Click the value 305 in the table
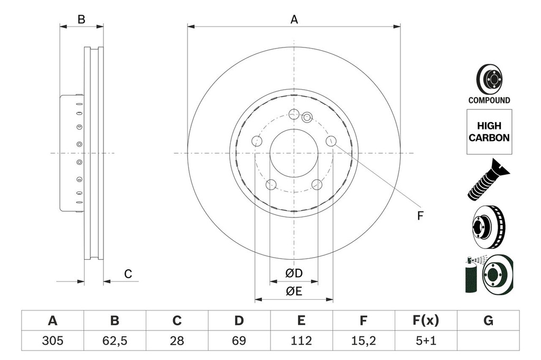tap(52, 340)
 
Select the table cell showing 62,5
tap(115, 340)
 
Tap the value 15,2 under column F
tap(363, 340)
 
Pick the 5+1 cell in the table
tap(425, 340)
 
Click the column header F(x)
tap(425, 320)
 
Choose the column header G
tap(488, 320)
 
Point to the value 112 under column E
tap(301, 340)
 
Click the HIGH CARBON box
tap(489, 132)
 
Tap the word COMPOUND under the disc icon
tap(489, 100)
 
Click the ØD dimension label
tap(294, 273)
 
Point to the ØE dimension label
tap(294, 291)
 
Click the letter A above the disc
tap(294, 20)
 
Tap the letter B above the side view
tap(81, 20)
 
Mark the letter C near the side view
tap(128, 273)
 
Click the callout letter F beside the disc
tap(421, 215)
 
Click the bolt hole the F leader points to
tap(331, 140)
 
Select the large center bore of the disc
tap(294, 153)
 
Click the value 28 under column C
tap(177, 340)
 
